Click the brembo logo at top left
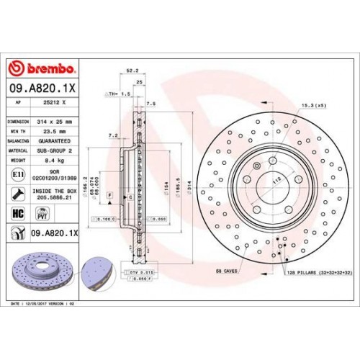pyautogui.click(x=41, y=68)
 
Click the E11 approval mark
pyautogui.click(x=17, y=175)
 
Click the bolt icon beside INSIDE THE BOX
pyautogui.click(x=17, y=193)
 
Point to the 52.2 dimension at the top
pyautogui.click(x=131, y=71)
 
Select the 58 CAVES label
pyautogui.click(x=228, y=271)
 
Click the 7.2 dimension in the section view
pyautogui.click(x=112, y=135)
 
